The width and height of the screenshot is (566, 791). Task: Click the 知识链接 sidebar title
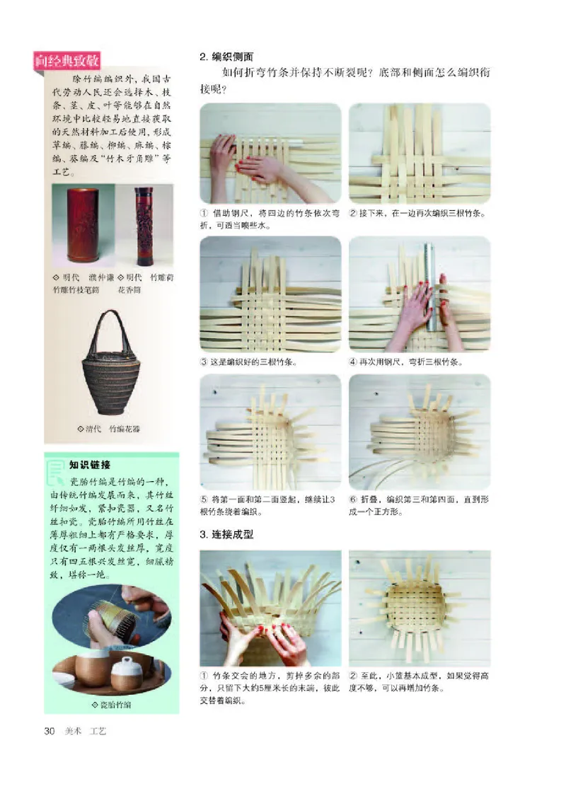coord(90,465)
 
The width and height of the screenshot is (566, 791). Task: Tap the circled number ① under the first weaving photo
coord(205,214)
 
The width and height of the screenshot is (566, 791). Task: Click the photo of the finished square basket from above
coord(419,608)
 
